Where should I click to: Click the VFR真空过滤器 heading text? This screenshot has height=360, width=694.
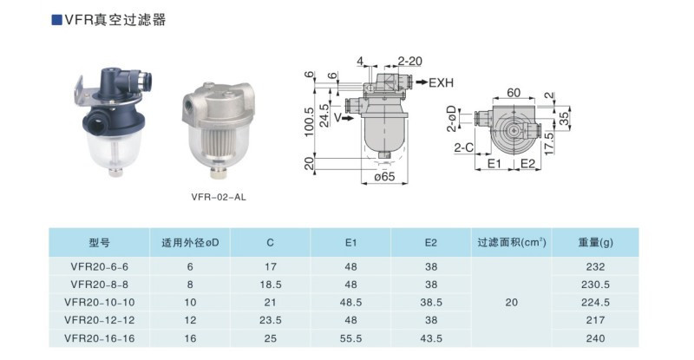pyautogui.click(x=115, y=20)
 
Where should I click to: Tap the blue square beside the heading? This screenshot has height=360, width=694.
pyautogui.click(x=56, y=20)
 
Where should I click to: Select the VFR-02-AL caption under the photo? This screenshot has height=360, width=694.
pyautogui.click(x=219, y=197)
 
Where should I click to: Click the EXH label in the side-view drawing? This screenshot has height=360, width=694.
pyautogui.click(x=442, y=82)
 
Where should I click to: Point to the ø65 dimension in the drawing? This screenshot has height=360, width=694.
pyautogui.click(x=384, y=176)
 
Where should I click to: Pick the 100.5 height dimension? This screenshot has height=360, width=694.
pyautogui.click(x=309, y=121)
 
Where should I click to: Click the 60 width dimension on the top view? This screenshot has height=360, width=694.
pyautogui.click(x=514, y=93)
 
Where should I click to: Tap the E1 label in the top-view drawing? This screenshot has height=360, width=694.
pyautogui.click(x=494, y=164)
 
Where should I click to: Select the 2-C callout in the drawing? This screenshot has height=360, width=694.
pyautogui.click(x=463, y=147)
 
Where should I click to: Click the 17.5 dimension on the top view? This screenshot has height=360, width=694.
pyautogui.click(x=549, y=143)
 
